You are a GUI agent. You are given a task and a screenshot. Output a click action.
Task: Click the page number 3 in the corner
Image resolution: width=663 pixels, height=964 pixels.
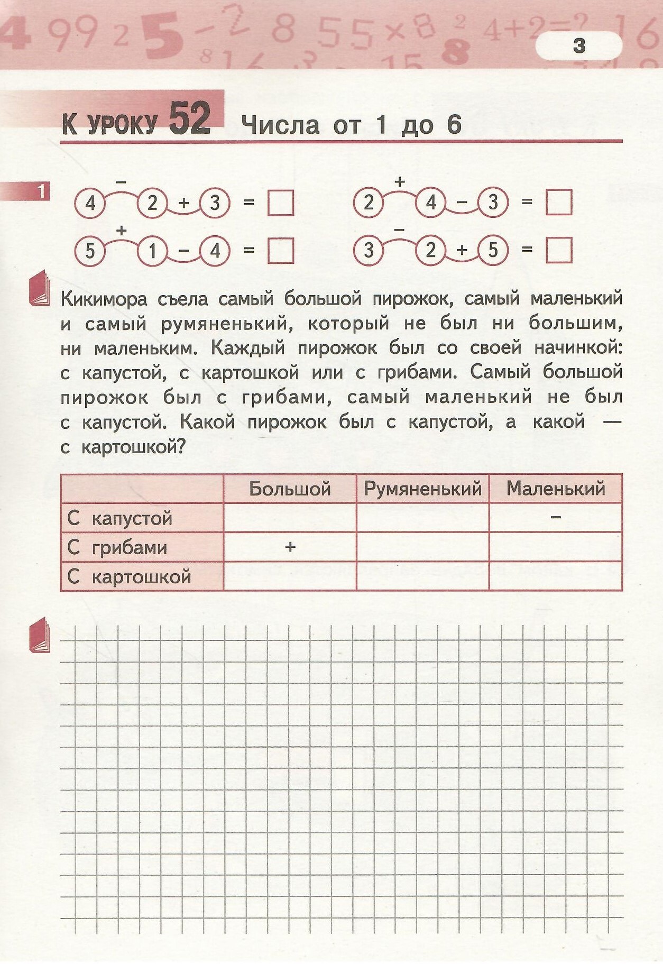coord(579,46)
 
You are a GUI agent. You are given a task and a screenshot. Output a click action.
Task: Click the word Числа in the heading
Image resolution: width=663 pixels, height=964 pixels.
coord(280,125)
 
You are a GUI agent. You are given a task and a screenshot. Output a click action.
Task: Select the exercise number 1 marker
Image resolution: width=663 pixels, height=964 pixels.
coord(41,191)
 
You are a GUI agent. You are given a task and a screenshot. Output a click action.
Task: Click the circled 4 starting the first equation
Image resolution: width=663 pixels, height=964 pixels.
coord(90,203)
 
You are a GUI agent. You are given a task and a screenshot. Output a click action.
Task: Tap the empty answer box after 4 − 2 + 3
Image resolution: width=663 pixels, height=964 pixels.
coord(281,203)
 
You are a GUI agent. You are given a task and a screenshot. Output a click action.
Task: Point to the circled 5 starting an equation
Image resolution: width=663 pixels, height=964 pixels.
coord(90,251)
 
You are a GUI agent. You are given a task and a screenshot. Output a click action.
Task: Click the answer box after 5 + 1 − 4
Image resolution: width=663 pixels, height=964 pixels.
coord(281,251)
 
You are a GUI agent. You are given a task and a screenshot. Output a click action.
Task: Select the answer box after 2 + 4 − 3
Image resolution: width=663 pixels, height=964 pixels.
coord(559,203)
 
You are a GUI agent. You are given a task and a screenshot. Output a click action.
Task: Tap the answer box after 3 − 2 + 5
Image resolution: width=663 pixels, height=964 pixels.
coord(559,250)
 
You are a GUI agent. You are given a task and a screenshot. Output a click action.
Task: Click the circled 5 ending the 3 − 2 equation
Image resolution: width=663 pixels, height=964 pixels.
coord(493,250)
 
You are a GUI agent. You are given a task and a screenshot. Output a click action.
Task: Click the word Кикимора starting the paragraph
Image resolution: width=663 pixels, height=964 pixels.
coord(104,299)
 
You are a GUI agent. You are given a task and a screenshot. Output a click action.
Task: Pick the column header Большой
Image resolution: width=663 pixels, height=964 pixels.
coord(290,489)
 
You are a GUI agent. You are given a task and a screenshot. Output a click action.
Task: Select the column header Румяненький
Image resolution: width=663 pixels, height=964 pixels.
coord(423,489)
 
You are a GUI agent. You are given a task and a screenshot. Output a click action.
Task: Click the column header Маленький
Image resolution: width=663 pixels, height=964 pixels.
coord(556,489)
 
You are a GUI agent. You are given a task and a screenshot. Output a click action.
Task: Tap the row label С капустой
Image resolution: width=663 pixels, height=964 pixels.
coord(120,518)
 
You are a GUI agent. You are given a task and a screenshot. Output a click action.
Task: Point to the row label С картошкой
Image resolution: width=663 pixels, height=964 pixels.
coord(129,576)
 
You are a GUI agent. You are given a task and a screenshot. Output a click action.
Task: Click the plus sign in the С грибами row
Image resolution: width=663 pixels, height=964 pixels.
coord(290,547)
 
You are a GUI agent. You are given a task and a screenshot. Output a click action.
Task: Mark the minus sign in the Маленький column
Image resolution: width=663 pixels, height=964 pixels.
coord(556,517)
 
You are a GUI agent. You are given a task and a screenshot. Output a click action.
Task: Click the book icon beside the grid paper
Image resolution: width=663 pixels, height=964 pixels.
coord(40,635)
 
